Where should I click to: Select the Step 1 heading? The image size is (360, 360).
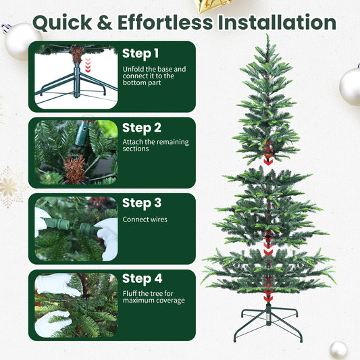coord(140,53)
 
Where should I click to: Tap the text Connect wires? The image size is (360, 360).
coord(145,220)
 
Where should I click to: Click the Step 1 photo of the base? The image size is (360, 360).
coord(76,75)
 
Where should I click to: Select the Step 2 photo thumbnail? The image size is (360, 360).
coord(76,152)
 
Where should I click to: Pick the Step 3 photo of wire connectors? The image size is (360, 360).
coord(76,228)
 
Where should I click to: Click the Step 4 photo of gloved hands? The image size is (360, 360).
coord(76,305)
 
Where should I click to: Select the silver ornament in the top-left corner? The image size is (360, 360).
coord(22,41)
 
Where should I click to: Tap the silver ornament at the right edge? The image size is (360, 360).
coord(351,86)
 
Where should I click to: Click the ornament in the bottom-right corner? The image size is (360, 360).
coord(338,350)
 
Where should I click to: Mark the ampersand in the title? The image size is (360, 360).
coord(101,22)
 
